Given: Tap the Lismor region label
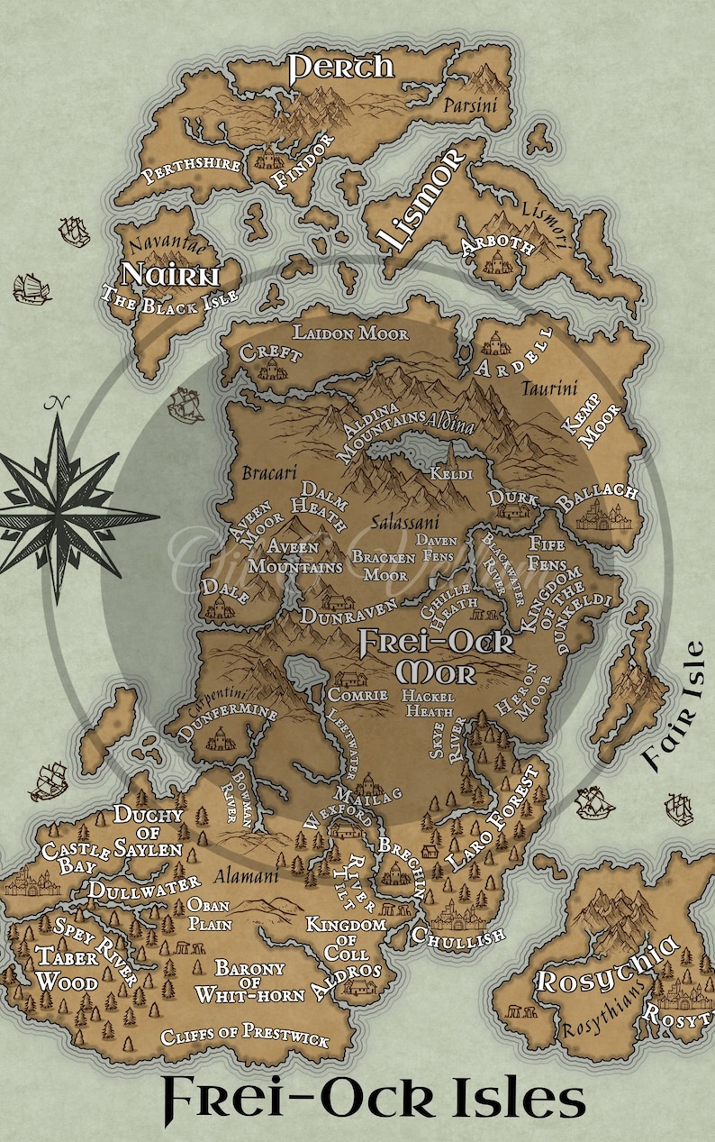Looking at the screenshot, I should tap(421, 199).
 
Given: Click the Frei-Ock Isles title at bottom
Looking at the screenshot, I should tap(374, 1101).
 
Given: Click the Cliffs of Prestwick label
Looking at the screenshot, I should tap(245, 1037).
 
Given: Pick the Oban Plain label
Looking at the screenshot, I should tap(210, 914).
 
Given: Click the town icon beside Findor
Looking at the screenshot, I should tap(267, 160).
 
